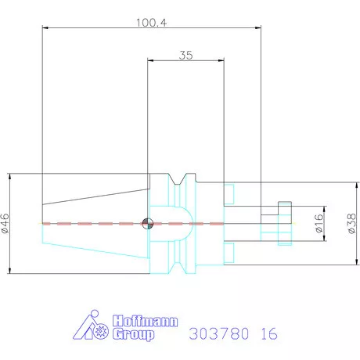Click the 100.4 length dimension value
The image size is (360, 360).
(152, 23)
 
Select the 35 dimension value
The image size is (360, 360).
(185, 55)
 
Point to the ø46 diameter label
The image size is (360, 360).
(6, 223)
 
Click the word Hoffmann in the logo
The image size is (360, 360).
(146, 321)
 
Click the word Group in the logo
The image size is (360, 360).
(134, 334)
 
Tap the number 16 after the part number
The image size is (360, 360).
(268, 333)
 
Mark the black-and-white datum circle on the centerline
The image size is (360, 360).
(146, 224)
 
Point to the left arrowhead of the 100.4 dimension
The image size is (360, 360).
(45, 29)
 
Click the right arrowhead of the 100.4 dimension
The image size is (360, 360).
(257, 29)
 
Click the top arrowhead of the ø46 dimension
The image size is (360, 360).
(11, 175)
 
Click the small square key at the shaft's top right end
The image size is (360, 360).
(284, 208)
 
